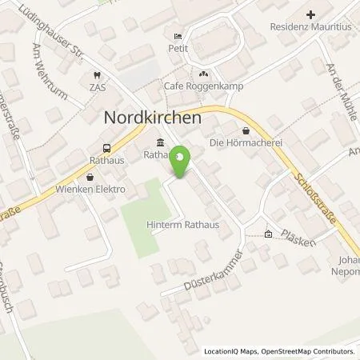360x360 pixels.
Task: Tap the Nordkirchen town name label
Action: click(x=151, y=117)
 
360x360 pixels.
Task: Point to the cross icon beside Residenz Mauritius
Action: click(x=311, y=14)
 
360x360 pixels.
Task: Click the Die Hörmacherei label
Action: click(x=246, y=143)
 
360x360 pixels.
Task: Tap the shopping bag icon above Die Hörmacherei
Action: click(x=246, y=130)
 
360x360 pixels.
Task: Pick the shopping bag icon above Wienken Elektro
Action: click(x=89, y=177)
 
